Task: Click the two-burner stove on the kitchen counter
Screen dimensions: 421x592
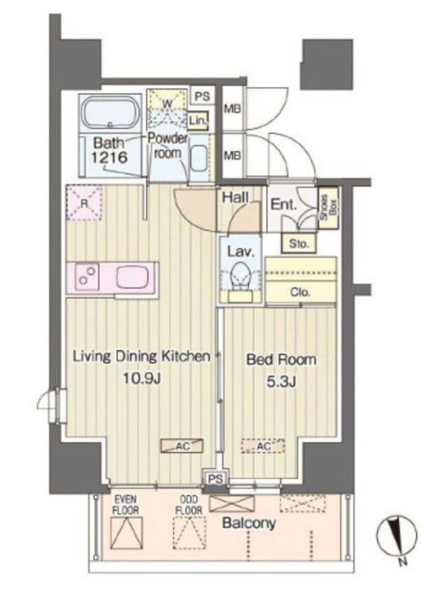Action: (87, 277)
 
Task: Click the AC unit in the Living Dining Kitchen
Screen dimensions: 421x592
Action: (182, 446)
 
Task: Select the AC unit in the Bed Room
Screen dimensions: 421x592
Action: (263, 446)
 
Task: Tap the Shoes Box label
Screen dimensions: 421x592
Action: (328, 208)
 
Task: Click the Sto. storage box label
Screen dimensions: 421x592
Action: (299, 244)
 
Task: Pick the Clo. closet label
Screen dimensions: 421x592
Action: (300, 292)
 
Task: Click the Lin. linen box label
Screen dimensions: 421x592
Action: (198, 121)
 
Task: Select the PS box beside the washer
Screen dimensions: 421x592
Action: (203, 97)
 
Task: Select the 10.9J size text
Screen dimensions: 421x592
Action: (141, 378)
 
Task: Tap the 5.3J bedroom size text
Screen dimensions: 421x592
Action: (281, 382)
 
